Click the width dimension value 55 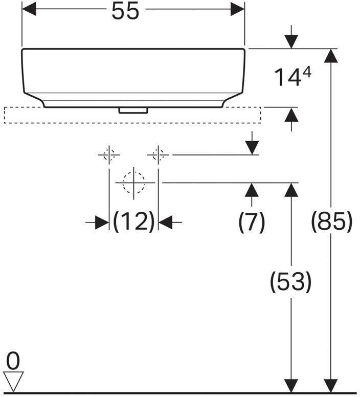point(125,11)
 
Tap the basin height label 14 point(285,78)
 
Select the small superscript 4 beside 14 point(306,73)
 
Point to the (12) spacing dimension point(133,222)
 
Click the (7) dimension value point(252,222)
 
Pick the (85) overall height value point(332,222)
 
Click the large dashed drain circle point(133,182)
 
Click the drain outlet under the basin point(133,109)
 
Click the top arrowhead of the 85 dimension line point(331,56)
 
